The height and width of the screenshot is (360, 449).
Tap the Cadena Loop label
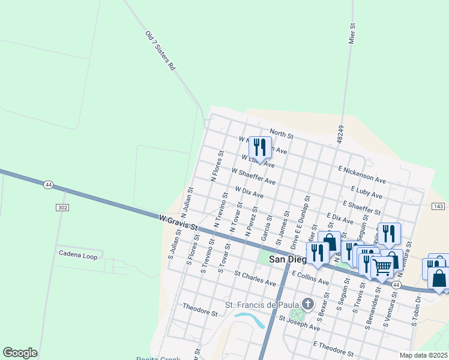(x=78, y=254)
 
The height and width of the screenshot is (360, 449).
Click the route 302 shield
(x=62, y=207)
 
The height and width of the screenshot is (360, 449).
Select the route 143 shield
(x=438, y=206)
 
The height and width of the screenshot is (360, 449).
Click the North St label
(x=281, y=133)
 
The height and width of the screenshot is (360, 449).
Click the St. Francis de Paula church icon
(x=308, y=304)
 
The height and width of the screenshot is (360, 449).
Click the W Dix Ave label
(x=250, y=192)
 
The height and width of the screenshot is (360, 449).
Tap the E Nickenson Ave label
(x=362, y=175)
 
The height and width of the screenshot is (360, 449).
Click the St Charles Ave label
(x=255, y=278)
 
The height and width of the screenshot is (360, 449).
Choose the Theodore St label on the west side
(x=200, y=309)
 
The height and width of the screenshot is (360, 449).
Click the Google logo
(x=20, y=353)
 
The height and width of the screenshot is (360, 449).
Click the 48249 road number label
(x=340, y=134)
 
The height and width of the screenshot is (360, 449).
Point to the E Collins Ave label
(x=310, y=277)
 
